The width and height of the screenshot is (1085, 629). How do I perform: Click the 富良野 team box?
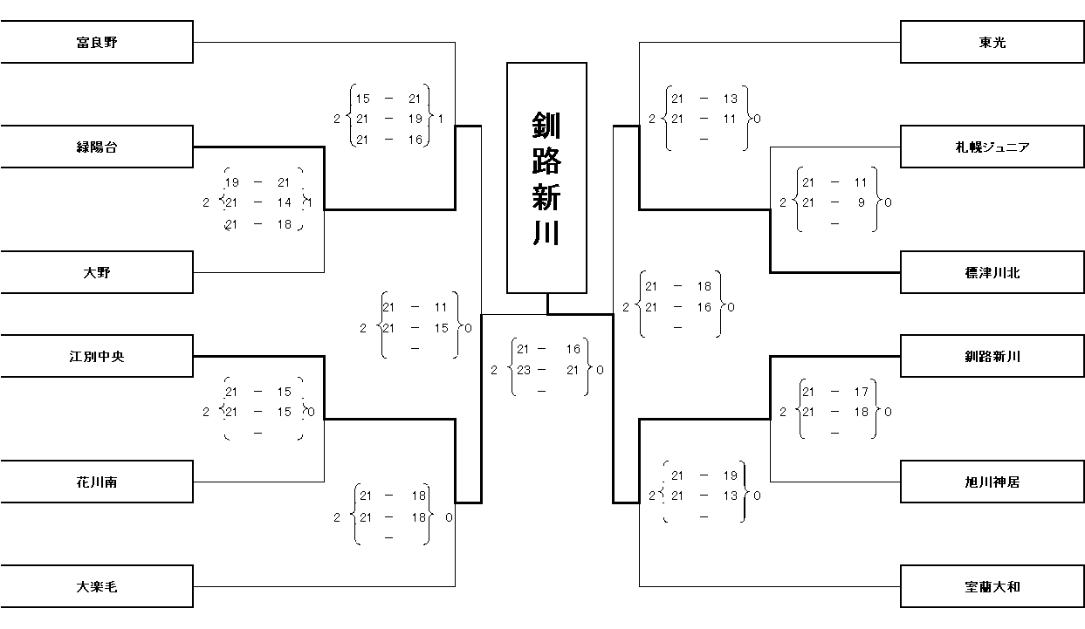96,42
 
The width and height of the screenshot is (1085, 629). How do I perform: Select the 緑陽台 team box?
96,147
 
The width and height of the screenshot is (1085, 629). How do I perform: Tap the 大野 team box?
96,272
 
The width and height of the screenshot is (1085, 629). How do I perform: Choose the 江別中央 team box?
96,356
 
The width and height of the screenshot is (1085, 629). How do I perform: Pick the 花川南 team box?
96,482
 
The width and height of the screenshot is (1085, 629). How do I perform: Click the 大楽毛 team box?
96,586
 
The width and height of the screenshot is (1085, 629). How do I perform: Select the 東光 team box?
992,42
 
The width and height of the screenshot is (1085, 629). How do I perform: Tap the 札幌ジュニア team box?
992,147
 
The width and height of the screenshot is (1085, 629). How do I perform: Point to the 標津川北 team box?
992,272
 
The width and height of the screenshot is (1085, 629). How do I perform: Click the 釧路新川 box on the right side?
992,356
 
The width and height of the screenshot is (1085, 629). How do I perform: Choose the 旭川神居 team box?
992,482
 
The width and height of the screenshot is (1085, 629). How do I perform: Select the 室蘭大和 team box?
992,586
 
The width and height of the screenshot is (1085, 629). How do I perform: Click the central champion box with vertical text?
546,177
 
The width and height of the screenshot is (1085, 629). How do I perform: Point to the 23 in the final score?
524,370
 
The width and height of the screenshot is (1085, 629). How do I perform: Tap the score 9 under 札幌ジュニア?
861,202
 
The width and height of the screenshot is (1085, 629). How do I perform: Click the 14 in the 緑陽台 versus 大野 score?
284,202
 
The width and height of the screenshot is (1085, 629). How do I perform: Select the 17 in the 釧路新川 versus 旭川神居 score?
861,392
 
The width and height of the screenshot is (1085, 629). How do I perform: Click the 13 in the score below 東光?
730,99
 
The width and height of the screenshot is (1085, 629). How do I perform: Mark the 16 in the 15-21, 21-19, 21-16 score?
415,140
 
